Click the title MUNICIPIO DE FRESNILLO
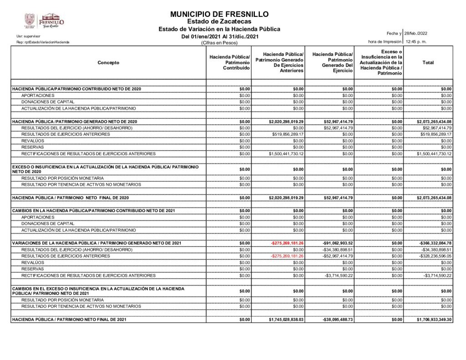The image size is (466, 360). point(219,14)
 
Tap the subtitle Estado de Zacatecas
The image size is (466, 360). point(219,21)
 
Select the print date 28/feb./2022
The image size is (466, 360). point(415,34)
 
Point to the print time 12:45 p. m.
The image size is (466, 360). point(415,42)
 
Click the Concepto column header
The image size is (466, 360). point(108,63)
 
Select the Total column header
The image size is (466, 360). point(428,63)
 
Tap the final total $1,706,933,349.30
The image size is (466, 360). point(434,320)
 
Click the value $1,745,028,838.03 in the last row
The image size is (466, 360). point(286,320)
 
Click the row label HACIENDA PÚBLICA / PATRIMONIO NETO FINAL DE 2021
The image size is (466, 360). point(69,320)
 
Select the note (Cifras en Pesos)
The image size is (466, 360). point(219,43)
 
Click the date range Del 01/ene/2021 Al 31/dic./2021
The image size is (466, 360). point(220,36)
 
